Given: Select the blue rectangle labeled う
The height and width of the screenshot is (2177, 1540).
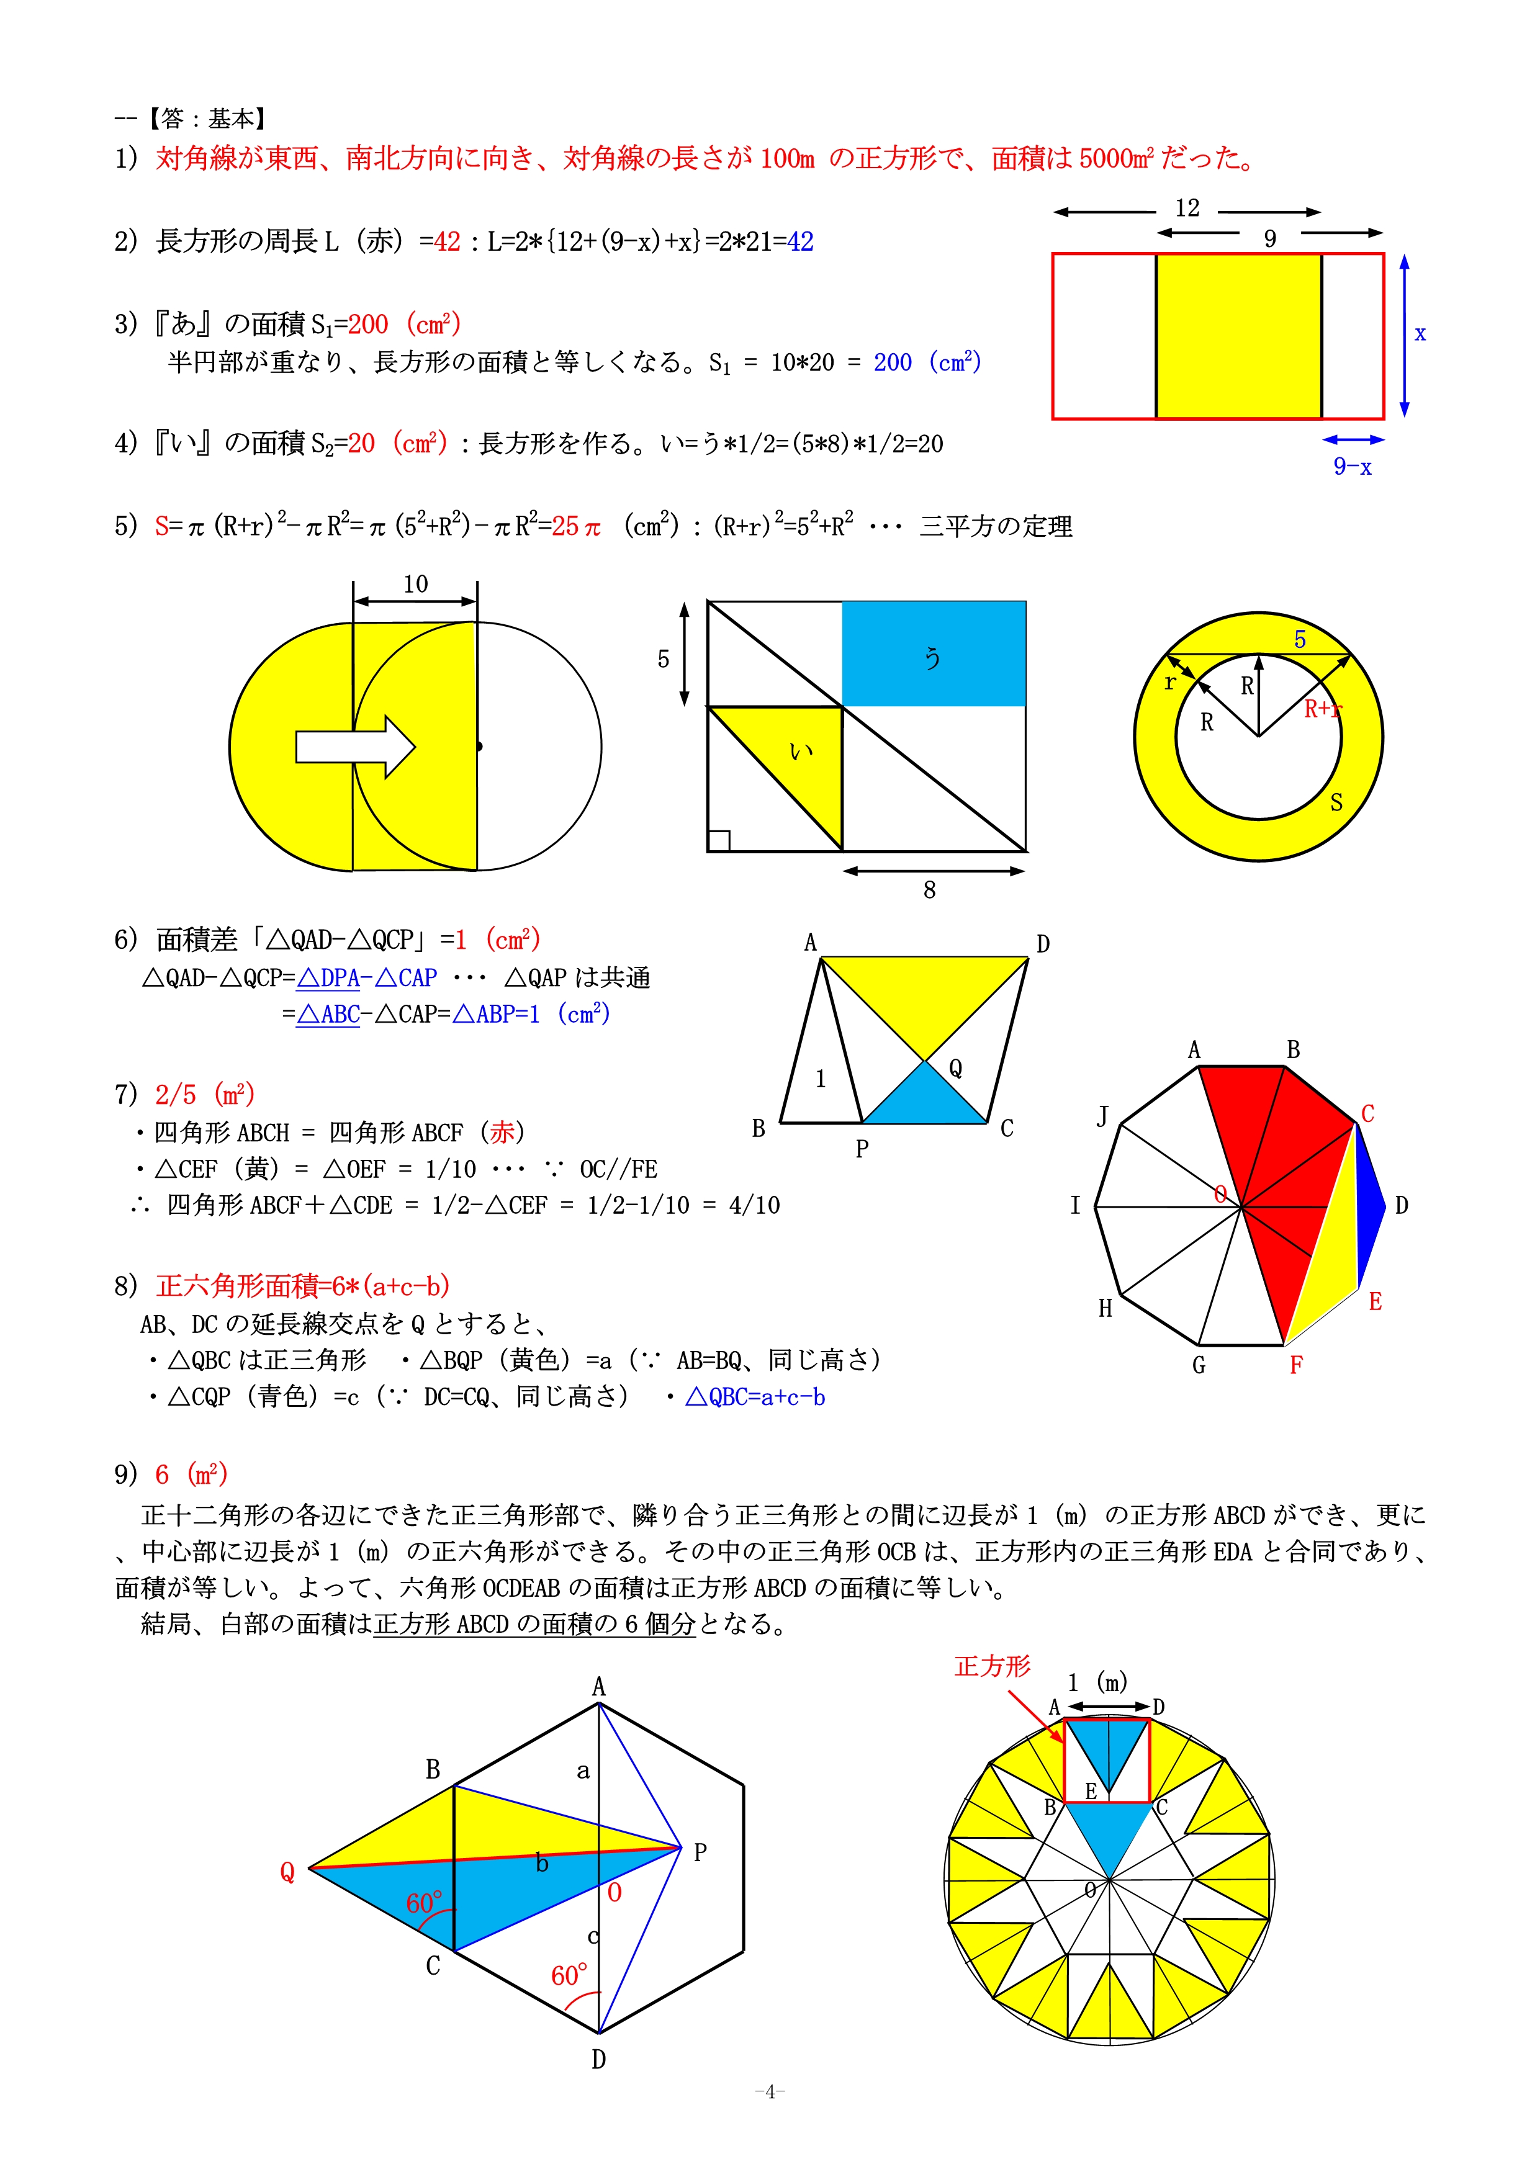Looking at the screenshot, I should [x=933, y=653].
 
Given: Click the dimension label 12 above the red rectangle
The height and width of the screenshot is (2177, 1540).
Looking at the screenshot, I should [x=1187, y=209].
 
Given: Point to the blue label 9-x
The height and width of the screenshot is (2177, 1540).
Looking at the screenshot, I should [x=1353, y=467].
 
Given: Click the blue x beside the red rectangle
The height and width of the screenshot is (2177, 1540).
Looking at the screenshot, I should [x=1420, y=334].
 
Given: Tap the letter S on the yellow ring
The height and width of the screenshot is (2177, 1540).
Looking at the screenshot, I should [x=1336, y=802].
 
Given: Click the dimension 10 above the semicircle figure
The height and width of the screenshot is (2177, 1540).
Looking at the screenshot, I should [x=415, y=584].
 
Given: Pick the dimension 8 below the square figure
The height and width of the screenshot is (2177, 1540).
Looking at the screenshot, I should [x=929, y=889].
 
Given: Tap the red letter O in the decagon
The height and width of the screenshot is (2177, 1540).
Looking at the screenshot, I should [x=1220, y=1195].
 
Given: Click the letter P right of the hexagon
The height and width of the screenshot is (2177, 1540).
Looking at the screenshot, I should [x=700, y=1852].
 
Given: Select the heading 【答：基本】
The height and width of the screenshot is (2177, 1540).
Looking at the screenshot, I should [x=208, y=119].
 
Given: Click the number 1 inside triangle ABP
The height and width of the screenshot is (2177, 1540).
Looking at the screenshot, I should [x=820, y=1078].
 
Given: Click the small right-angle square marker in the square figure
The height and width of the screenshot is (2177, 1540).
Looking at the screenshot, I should [x=719, y=840].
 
